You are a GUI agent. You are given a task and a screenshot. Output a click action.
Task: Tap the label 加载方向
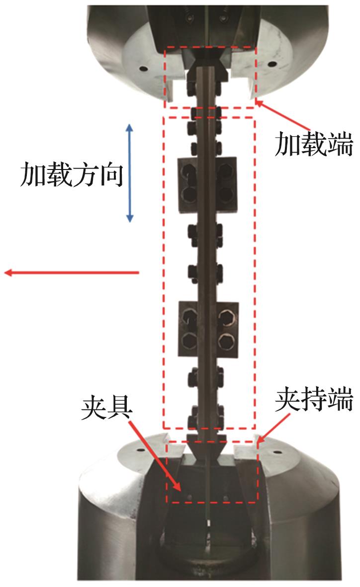pos(72,174)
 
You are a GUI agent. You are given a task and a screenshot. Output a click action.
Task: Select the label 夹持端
pos(314,400)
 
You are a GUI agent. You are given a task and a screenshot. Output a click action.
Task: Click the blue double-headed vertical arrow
pos(130,173)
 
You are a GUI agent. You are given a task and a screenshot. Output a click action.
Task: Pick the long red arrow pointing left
pos(72,272)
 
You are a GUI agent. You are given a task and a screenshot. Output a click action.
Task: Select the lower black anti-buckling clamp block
pos(208,329)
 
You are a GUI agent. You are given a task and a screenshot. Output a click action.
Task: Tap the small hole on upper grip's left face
pos(142,69)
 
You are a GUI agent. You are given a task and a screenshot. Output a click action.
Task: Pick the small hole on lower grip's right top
pos(278,452)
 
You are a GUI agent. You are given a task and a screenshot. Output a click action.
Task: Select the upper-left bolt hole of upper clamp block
pos(189,173)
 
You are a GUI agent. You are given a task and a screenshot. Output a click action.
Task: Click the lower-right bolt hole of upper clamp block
pos(226,195)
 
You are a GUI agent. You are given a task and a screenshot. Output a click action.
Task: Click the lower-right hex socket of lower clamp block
pos(227,341)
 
